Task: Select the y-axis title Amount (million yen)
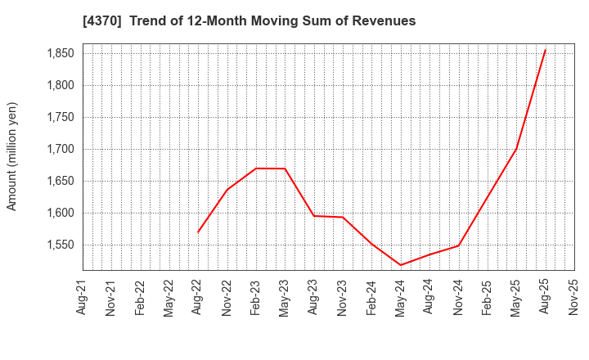12,156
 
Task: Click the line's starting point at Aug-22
198,232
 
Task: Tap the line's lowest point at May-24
401,265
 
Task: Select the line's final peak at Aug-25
545,49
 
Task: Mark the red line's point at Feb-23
256,169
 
